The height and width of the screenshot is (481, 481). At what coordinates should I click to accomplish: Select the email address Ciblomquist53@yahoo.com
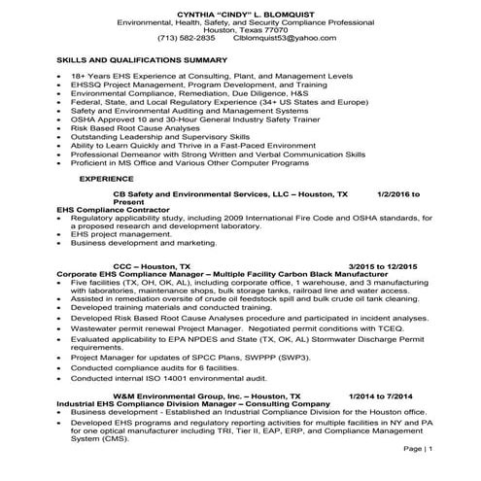tap(304, 36)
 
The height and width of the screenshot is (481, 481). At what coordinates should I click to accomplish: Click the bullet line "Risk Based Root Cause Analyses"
tap(134, 126)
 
